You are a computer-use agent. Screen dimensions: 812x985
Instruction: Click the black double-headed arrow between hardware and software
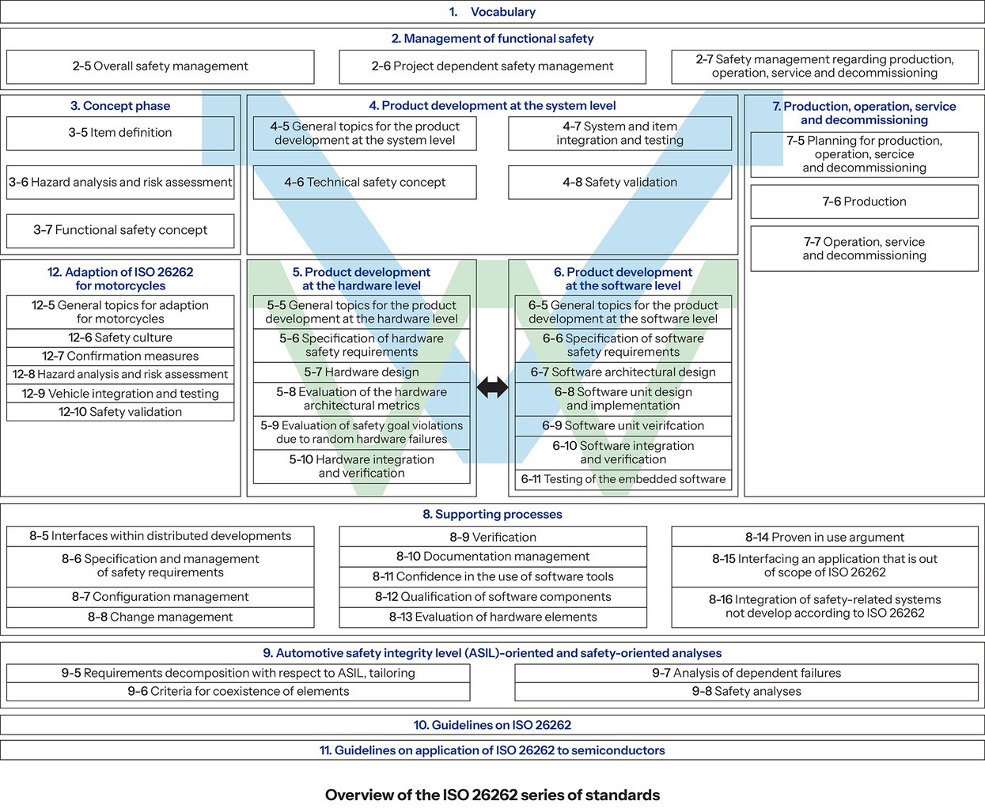pyautogui.click(x=492, y=387)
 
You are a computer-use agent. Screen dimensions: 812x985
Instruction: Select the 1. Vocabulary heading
pyautogui.click(x=492, y=12)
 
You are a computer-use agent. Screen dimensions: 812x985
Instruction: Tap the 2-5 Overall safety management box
pyautogui.click(x=160, y=66)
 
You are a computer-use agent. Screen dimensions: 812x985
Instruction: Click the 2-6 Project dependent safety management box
pyautogui.click(x=492, y=66)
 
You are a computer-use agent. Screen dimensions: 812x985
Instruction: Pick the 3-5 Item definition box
pyautogui.click(x=120, y=133)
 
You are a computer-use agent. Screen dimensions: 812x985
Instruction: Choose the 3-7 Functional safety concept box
pyautogui.click(x=120, y=230)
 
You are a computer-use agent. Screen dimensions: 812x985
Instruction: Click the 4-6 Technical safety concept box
pyautogui.click(x=365, y=183)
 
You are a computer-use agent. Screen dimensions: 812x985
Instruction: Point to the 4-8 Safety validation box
pyautogui.click(x=619, y=183)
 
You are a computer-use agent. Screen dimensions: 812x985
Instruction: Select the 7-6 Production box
pyautogui.click(x=864, y=202)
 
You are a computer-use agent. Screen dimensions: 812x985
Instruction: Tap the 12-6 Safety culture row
pyautogui.click(x=120, y=338)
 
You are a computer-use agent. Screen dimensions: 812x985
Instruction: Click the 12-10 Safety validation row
pyautogui.click(x=120, y=412)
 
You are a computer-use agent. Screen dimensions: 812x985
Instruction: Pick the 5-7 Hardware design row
pyautogui.click(x=362, y=372)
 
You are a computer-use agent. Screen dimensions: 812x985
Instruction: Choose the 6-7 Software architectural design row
pyautogui.click(x=623, y=372)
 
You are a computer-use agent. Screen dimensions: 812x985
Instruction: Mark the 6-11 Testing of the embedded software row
pyautogui.click(x=623, y=479)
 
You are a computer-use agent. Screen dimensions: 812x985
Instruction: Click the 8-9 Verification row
pyautogui.click(x=492, y=537)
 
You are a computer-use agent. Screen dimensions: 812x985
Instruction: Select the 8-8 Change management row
pyautogui.click(x=160, y=617)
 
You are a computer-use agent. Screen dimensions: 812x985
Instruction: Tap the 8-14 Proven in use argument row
pyautogui.click(x=824, y=537)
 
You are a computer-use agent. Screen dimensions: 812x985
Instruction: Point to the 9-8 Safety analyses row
pyautogui.click(x=746, y=692)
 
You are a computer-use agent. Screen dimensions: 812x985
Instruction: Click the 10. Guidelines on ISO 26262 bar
pyautogui.click(x=492, y=725)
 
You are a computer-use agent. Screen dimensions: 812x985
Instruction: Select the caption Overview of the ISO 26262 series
pyautogui.click(x=492, y=795)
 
